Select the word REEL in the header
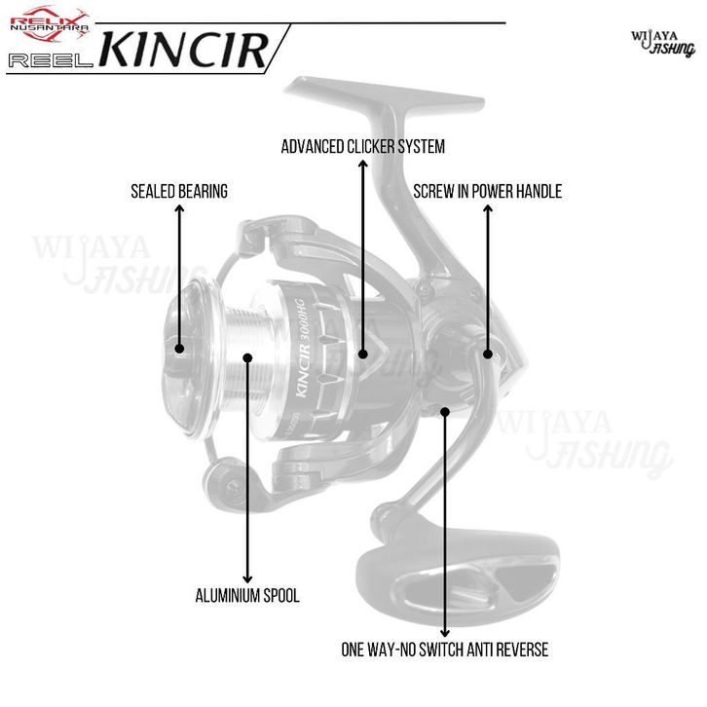point(50,60)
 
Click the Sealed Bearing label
point(179,192)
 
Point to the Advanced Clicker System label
point(362,147)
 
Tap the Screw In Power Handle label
point(487,192)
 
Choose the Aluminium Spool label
point(247,595)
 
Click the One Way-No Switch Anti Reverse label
point(445,649)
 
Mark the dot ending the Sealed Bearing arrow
point(179,348)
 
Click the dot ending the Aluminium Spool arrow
point(248,357)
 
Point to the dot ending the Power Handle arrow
point(488,354)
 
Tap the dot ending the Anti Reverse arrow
point(445,412)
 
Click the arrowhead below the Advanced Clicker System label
point(362,354)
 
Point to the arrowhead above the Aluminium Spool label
point(248,576)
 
